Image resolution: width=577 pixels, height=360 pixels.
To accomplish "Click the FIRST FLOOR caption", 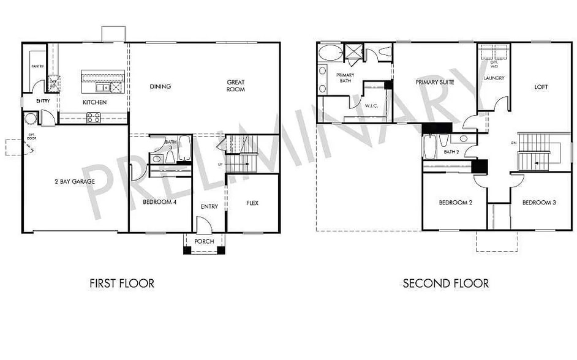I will pyautogui.click(x=122, y=283).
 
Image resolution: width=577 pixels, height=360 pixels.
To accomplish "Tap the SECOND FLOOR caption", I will pyautogui.click(x=445, y=283).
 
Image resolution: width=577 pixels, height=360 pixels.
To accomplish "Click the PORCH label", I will pyautogui.click(x=204, y=241).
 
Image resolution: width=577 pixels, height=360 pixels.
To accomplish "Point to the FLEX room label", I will pyautogui.click(x=252, y=203).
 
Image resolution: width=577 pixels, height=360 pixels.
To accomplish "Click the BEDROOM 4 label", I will pyautogui.click(x=160, y=201).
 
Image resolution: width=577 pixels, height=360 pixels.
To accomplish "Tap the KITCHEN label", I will pyautogui.click(x=95, y=102).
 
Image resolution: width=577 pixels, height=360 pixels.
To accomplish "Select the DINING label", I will pyautogui.click(x=160, y=86).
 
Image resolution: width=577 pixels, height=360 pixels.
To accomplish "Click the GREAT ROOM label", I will pyautogui.click(x=236, y=86).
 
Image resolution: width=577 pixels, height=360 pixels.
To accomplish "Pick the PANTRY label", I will pyautogui.click(x=38, y=66).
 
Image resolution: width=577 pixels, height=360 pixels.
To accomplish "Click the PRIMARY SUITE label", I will pyautogui.click(x=436, y=82).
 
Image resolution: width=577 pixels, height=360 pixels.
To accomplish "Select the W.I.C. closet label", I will pyautogui.click(x=372, y=105).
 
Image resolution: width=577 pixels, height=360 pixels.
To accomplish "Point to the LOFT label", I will pyautogui.click(x=541, y=87).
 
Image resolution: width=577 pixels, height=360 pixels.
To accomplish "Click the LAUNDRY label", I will pyautogui.click(x=494, y=78).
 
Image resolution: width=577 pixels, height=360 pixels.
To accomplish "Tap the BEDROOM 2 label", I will pyautogui.click(x=456, y=202).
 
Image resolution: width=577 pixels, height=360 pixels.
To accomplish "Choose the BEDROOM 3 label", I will pyautogui.click(x=540, y=202).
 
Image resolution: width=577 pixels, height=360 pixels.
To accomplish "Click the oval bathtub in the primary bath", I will pyautogui.click(x=331, y=53).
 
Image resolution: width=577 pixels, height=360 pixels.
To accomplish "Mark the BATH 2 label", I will pyautogui.click(x=451, y=152).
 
